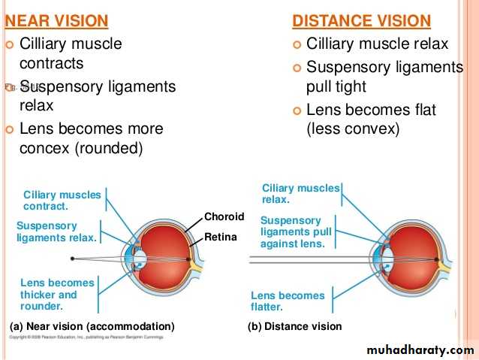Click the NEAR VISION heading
pos(56,20)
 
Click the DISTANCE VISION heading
pos(361,20)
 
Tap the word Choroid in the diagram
pos(224,216)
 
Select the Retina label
pos(221,237)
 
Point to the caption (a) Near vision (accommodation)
pos(92,326)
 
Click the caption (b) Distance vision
pos(294,326)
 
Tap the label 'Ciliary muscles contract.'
pos(62,200)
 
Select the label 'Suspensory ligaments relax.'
pos(56,231)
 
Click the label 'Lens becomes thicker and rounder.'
pos(58,295)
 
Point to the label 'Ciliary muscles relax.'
pos(300,194)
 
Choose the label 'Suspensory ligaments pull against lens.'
pos(296,231)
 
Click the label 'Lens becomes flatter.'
pos(288,301)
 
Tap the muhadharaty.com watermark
pos(421,350)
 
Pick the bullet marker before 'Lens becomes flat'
pos(297,111)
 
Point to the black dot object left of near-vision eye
pos(72,259)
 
